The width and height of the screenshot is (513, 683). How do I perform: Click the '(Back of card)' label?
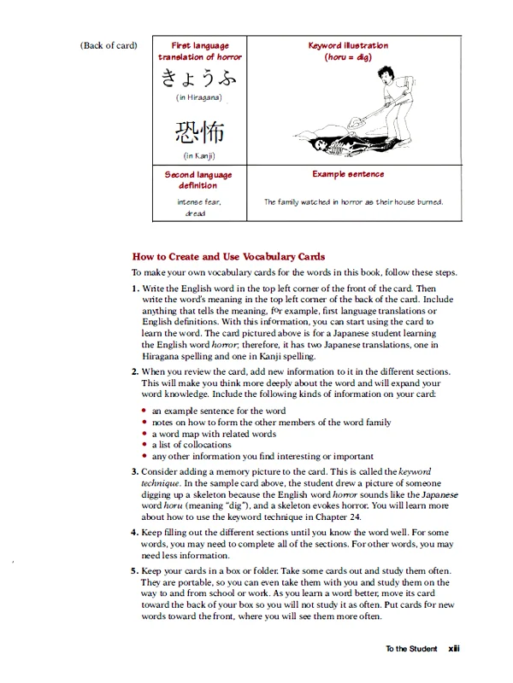pos(109,45)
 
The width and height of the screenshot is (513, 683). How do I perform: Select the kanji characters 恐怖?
pos(199,131)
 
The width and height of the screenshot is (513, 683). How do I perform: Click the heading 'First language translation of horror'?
pos(199,50)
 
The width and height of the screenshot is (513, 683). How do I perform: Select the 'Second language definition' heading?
pos(198,179)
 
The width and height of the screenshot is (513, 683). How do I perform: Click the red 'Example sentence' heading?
pos(348,174)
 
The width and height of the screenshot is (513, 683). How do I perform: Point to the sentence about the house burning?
pos(353,202)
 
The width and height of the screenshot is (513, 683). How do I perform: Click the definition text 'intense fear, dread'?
pos(198,207)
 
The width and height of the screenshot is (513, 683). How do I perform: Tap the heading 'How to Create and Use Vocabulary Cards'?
pos(228,256)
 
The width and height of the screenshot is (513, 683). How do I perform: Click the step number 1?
pos(135,289)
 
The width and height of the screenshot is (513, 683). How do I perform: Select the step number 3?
pos(135,471)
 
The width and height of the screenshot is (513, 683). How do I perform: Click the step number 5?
pos(135,570)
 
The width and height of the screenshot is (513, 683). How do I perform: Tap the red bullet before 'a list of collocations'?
pos(144,445)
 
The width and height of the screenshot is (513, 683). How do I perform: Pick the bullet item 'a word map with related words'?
pos(214,434)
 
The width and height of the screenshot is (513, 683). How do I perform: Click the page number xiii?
pos(454,649)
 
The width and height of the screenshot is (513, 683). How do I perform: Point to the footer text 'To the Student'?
pos(411,649)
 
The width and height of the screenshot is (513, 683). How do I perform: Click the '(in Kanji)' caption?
pos(199,155)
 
